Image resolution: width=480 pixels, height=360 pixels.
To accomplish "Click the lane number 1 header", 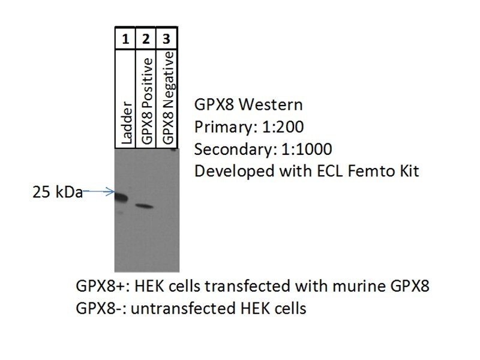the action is click(125, 39).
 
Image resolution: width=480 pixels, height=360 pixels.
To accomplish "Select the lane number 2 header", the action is click(146, 39).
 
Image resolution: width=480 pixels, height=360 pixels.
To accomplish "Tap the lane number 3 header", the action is click(166, 39).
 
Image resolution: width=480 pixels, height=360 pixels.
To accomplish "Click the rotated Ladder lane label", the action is click(127, 122).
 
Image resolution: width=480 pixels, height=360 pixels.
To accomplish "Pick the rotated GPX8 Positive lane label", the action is click(147, 101).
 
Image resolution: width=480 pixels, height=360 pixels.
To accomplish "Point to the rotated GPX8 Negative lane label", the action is click(169, 98).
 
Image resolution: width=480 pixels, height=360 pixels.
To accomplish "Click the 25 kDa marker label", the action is click(58, 193).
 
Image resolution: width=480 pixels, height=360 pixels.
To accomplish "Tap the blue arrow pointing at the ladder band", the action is click(98, 192).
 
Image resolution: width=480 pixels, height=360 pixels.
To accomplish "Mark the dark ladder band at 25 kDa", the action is click(122, 197).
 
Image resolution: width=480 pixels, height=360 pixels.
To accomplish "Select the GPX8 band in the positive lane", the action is click(145, 206).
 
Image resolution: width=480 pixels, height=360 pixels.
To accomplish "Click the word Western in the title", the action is click(271, 104).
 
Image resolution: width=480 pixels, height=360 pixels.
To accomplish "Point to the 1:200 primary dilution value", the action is click(279, 127).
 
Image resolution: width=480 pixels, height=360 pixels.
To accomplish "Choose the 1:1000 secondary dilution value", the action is click(307, 149).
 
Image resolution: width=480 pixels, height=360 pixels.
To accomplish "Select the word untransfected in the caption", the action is click(184, 308).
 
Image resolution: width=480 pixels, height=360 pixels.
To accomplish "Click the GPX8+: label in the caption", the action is click(103, 286).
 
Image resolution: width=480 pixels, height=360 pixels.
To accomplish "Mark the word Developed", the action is click(235, 172).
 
